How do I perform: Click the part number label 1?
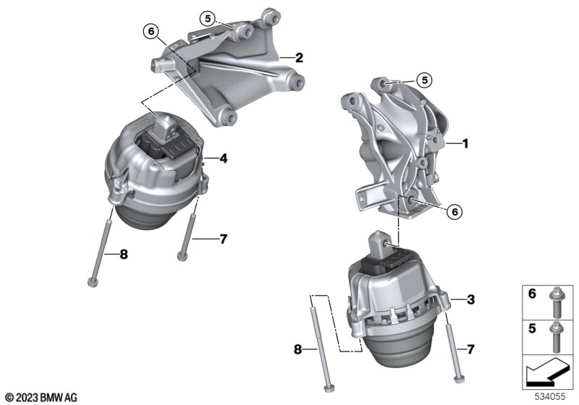465,143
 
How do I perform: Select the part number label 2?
299,58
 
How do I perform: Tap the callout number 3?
471,299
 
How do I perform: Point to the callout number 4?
224,158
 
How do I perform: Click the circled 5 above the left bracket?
208,18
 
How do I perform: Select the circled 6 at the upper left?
151,31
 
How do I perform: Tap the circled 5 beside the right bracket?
425,80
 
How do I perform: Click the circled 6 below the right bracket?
455,212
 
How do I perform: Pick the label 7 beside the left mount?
224,239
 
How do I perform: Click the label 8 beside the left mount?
124,254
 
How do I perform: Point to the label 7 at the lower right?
470,349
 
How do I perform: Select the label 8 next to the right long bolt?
298,349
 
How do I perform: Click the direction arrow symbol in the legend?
548,372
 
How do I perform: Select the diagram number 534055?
550,396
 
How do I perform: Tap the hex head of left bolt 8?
93,283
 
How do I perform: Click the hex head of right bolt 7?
458,378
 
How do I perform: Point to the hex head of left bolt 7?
182,256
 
